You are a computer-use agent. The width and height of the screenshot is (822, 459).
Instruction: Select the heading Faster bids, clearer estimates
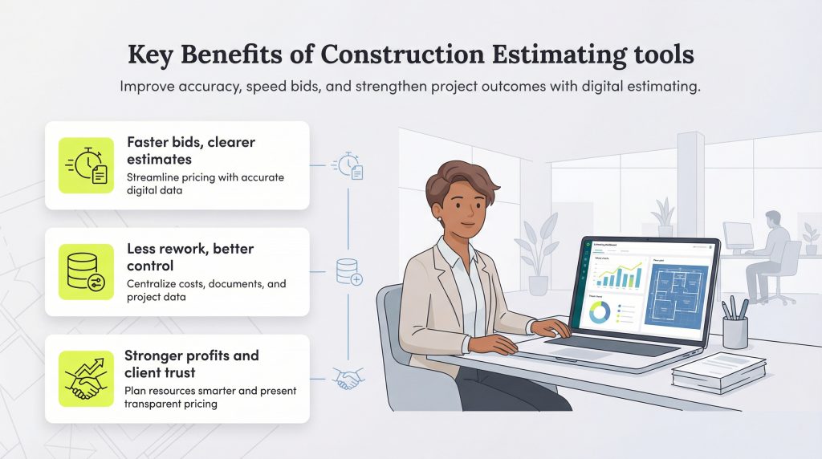[x=191, y=150]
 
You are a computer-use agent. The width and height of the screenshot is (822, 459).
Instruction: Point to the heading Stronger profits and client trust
[x=192, y=364]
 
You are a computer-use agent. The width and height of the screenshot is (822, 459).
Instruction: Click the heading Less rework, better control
[x=189, y=257]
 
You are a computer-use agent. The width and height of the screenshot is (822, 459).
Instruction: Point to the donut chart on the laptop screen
[x=600, y=314]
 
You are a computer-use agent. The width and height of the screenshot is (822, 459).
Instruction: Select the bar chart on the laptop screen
[x=616, y=277]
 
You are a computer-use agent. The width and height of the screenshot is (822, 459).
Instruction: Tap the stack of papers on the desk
[x=718, y=371]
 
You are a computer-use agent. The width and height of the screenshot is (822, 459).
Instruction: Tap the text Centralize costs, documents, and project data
[x=206, y=290]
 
